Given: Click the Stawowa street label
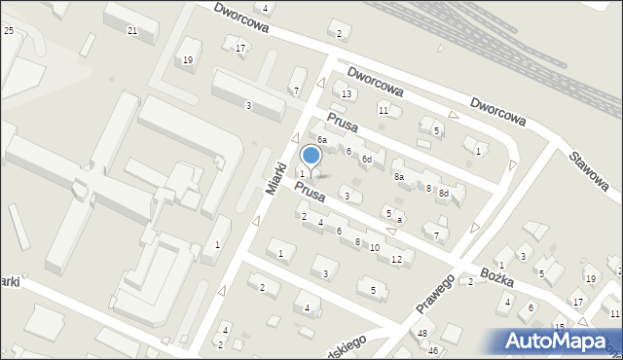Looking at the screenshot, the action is (x=589, y=165).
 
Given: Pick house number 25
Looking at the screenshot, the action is (x=9, y=32).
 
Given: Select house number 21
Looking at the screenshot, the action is (x=132, y=31).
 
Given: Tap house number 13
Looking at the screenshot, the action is (x=346, y=93).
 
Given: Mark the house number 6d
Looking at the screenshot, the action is (x=367, y=160).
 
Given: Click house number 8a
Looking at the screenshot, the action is (x=398, y=177).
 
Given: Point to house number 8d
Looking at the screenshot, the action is (x=443, y=194).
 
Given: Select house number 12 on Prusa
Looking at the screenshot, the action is (x=396, y=259).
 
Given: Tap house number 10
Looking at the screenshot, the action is (x=375, y=248).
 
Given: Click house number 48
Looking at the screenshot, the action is (x=421, y=334).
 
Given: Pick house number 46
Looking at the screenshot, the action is (x=433, y=350).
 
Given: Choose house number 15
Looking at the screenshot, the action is (x=559, y=326).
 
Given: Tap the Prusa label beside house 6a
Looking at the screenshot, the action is (x=343, y=125).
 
